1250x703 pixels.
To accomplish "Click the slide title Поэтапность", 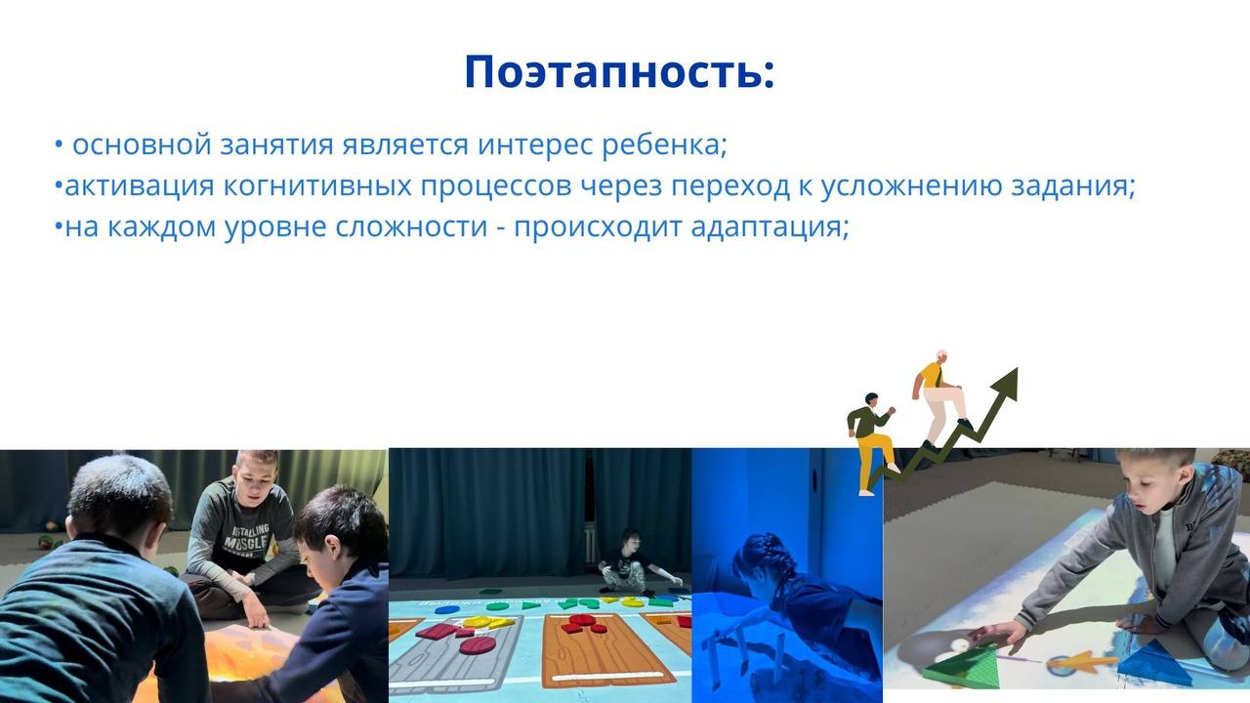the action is click(619, 72).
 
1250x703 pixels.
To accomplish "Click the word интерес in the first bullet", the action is click(534, 145).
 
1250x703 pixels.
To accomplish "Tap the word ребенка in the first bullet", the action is click(664, 145).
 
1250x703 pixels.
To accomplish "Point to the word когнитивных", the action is click(317, 186).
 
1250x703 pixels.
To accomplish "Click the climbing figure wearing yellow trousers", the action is click(870, 443).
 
